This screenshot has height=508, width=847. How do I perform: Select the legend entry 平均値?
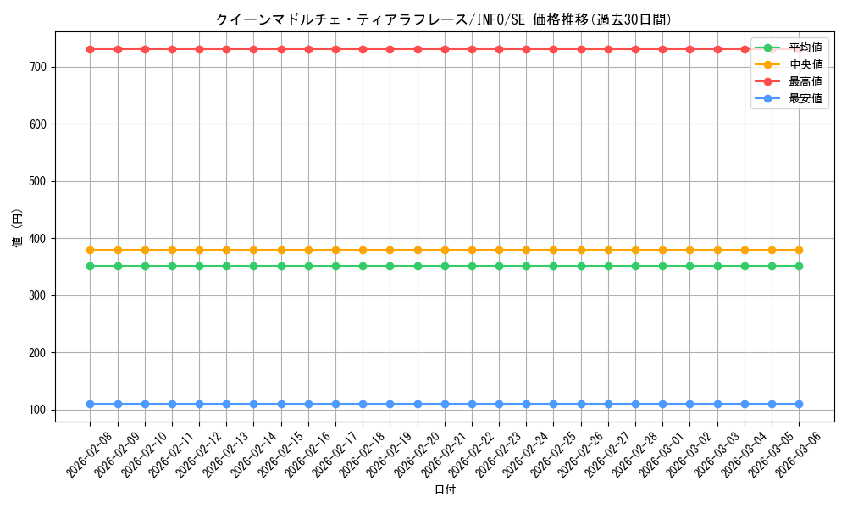coord(805,47)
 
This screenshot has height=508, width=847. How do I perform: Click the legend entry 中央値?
coord(805,64)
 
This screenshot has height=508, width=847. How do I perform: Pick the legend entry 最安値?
coord(805,98)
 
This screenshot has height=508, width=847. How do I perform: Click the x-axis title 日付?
coord(445,490)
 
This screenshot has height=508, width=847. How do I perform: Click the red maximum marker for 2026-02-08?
coord(91,49)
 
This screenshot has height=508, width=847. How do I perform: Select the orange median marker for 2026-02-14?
coord(254,250)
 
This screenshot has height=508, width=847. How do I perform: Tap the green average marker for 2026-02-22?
coord(472,266)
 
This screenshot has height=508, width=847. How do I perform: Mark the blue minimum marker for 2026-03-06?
coord(799,404)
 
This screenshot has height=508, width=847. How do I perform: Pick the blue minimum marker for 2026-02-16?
coord(308,404)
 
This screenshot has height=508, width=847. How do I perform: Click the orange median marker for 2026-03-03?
coord(717,250)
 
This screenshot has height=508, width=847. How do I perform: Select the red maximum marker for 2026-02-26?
coord(581,49)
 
